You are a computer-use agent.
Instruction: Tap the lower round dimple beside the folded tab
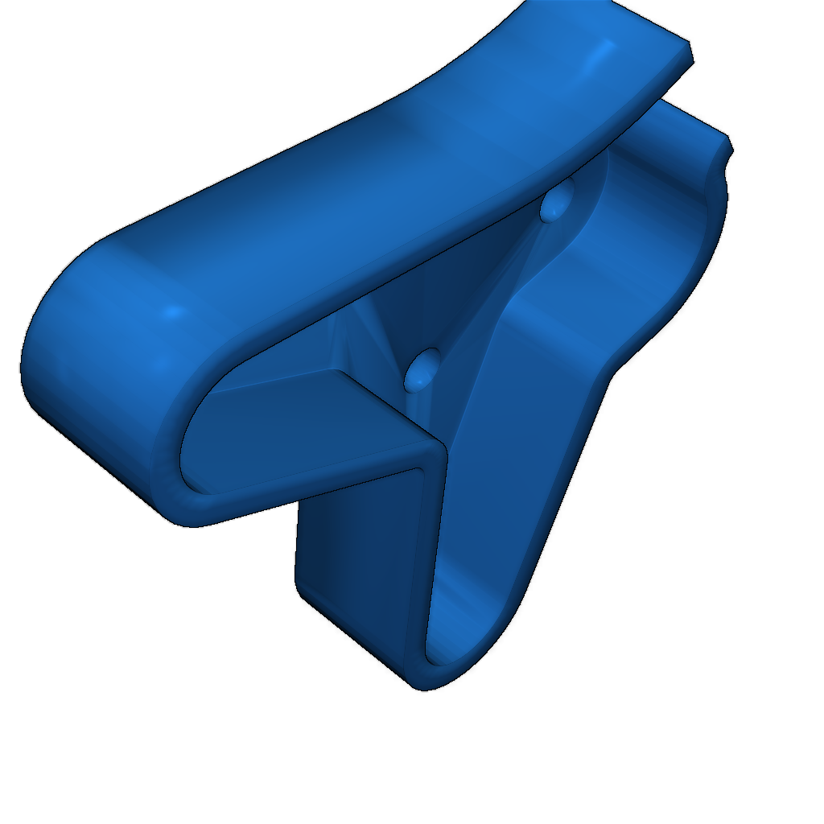click(422, 369)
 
